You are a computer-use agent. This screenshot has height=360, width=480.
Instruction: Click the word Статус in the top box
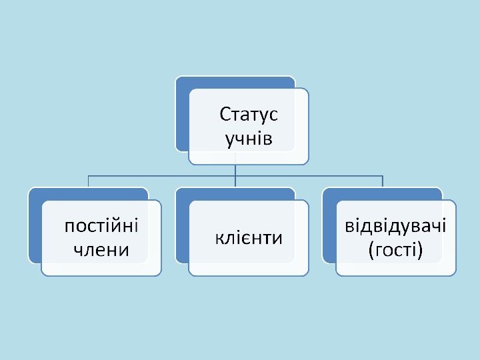tap(249, 115)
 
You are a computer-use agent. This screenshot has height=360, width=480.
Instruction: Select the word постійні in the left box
tap(101, 225)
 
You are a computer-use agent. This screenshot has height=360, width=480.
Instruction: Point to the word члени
tap(101, 250)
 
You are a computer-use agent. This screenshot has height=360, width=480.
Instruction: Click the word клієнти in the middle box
tap(249, 237)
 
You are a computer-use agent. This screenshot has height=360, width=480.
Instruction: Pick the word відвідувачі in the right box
tap(395, 225)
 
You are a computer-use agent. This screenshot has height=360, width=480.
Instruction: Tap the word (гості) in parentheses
tap(395, 250)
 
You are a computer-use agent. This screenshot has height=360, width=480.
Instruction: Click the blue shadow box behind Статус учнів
tap(182, 113)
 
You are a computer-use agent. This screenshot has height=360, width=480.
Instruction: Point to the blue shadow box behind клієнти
tap(182, 227)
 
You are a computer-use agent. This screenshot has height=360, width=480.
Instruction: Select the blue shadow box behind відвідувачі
tap(329, 227)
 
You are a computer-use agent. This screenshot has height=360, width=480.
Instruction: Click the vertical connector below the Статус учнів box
tap(235, 170)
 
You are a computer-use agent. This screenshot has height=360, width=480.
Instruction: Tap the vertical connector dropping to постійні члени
tap(89, 181)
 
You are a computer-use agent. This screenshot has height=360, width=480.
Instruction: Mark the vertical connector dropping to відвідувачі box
tap(382, 181)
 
